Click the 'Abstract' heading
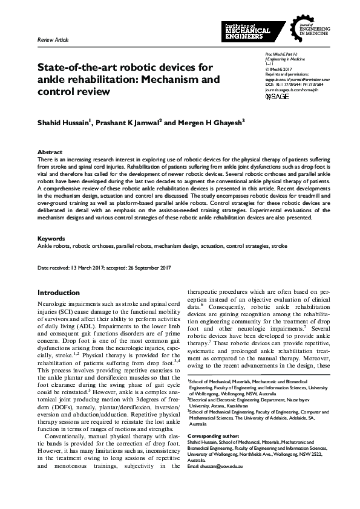point(50,152)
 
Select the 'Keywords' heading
point(51,239)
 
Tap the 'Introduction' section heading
point(59,293)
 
